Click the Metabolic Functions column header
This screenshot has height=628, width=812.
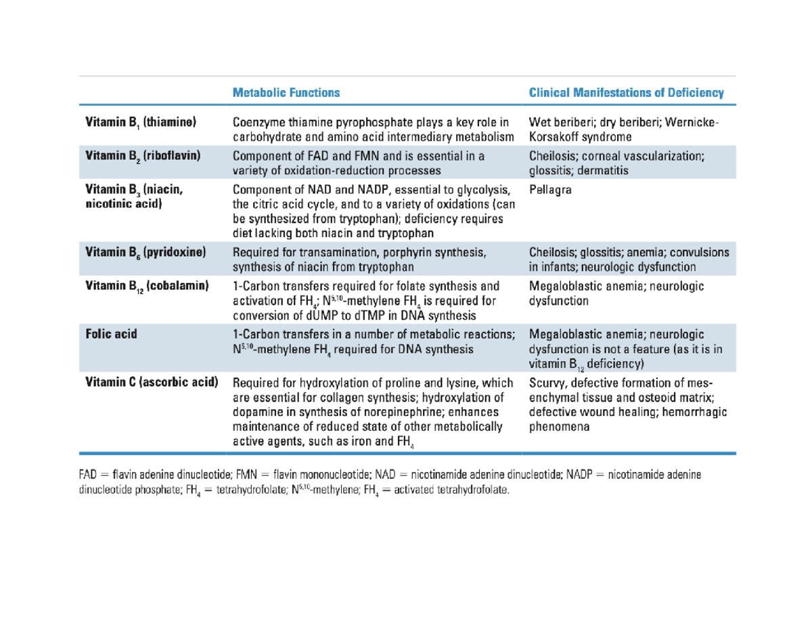(x=286, y=93)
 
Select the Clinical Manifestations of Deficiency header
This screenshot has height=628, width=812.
(x=626, y=93)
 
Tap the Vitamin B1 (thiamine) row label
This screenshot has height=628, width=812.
(x=140, y=123)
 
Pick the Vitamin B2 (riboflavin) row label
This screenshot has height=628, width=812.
(x=143, y=155)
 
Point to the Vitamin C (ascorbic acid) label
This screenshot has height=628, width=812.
(x=152, y=381)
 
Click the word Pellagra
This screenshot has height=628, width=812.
(x=549, y=190)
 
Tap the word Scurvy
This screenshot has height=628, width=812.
(x=546, y=382)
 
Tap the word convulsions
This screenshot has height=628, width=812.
(x=702, y=252)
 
